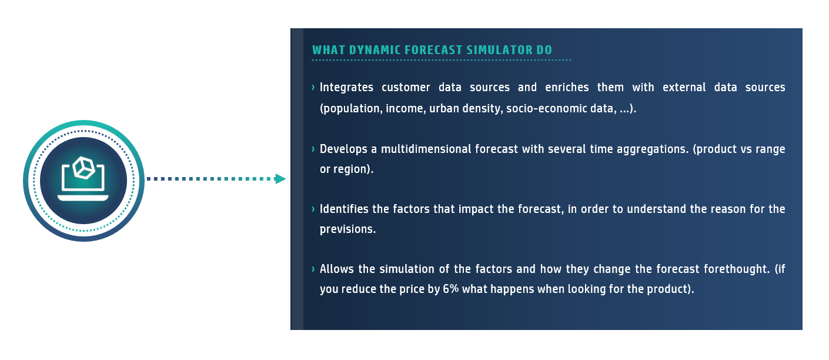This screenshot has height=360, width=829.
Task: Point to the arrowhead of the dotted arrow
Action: (280, 179)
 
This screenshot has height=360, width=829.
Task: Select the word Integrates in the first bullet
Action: (346, 88)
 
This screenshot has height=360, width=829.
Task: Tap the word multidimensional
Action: (426, 149)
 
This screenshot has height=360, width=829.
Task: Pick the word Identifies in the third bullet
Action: (344, 209)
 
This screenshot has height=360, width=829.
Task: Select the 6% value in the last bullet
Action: (451, 289)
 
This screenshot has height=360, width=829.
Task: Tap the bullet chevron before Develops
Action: (313, 149)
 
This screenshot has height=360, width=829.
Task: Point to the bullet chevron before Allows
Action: (313, 269)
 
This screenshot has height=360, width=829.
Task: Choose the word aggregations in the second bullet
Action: (651, 149)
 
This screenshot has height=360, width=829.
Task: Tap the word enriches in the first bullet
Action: (567, 88)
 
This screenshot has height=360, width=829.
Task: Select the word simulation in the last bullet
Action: (407, 269)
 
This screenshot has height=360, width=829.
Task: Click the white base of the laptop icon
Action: (83, 198)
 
